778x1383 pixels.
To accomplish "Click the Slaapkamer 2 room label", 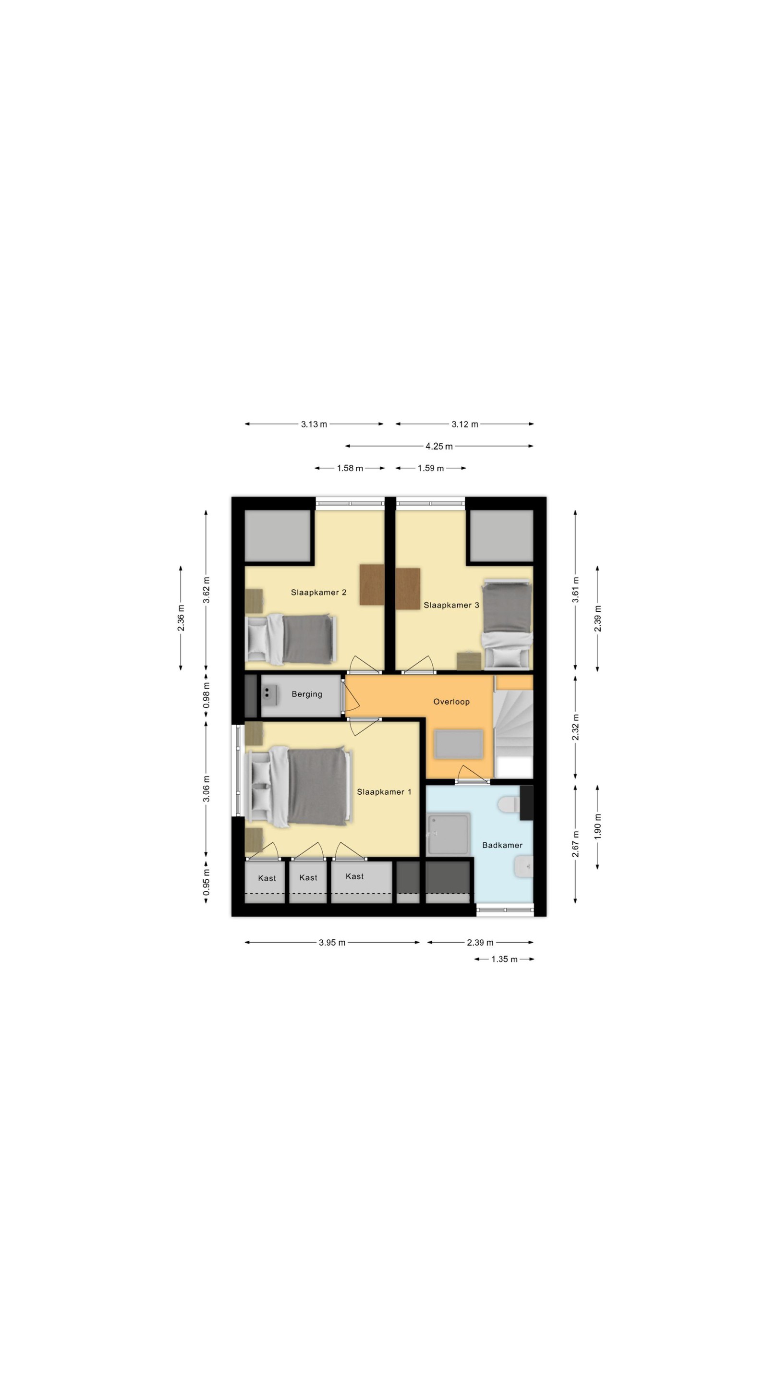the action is (318, 592).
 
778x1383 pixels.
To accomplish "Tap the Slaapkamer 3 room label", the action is (451, 605).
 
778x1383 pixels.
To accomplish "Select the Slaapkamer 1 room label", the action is (384, 792).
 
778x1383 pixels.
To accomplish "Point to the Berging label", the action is (306, 694).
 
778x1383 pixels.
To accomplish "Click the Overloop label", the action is (451, 702).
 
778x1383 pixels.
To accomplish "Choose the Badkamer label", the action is (502, 845).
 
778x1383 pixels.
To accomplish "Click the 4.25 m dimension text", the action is (438, 446).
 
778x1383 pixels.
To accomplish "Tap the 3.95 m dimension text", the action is (332, 942).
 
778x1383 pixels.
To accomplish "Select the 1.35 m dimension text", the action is (504, 959).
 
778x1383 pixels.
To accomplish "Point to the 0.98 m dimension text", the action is (206, 695).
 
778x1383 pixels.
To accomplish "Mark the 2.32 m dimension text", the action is (575, 728).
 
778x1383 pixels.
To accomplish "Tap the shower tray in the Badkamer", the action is (449, 834).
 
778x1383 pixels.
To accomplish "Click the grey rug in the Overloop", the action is (459, 743).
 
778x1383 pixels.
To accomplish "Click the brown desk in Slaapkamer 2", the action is (372, 585).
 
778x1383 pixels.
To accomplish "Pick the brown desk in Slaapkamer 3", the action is (408, 588).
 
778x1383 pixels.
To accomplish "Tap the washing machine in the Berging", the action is (269, 695).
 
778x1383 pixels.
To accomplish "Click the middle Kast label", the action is (308, 877).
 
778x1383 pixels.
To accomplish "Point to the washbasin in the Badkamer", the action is (523, 866).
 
